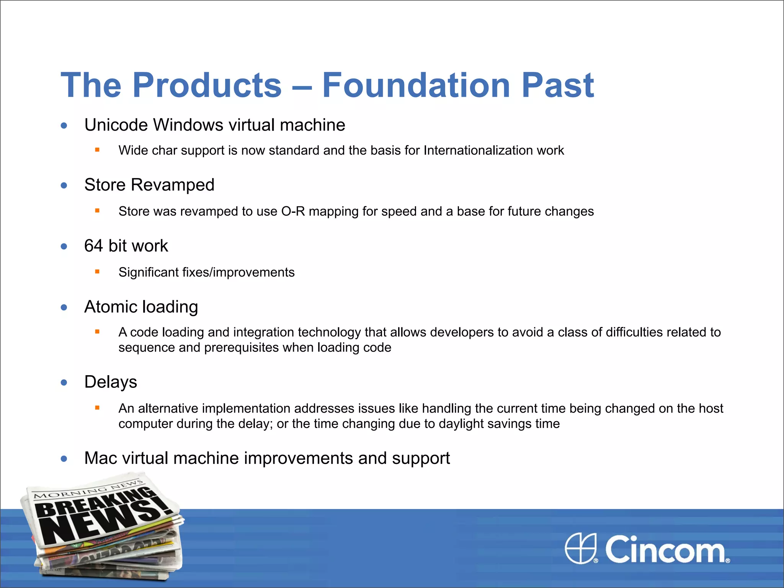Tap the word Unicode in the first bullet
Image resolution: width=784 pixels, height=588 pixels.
(x=116, y=125)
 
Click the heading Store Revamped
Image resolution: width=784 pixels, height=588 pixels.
(x=149, y=185)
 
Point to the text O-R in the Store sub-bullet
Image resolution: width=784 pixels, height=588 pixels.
(x=293, y=211)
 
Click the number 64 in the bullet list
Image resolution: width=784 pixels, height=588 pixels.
(x=94, y=246)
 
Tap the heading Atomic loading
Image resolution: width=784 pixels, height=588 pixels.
(x=141, y=307)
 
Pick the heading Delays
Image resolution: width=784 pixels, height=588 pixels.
(x=111, y=382)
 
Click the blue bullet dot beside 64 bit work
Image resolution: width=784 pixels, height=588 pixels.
(x=64, y=247)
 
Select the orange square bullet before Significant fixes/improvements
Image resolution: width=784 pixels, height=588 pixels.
(x=97, y=272)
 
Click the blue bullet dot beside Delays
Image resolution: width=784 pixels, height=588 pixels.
(x=64, y=382)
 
